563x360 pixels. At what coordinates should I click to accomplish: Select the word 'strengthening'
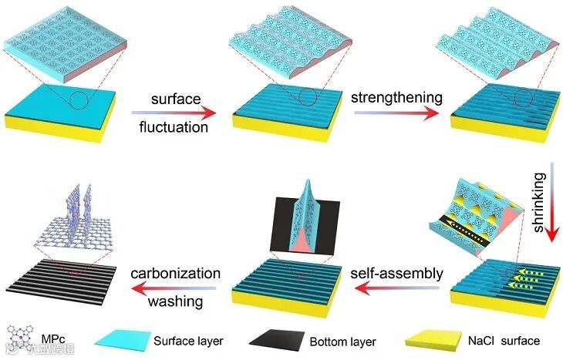(x=396, y=98)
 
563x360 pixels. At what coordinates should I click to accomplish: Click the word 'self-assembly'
(x=399, y=274)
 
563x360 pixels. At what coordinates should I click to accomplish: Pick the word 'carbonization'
(x=176, y=274)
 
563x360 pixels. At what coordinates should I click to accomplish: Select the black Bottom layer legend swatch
(x=275, y=340)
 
